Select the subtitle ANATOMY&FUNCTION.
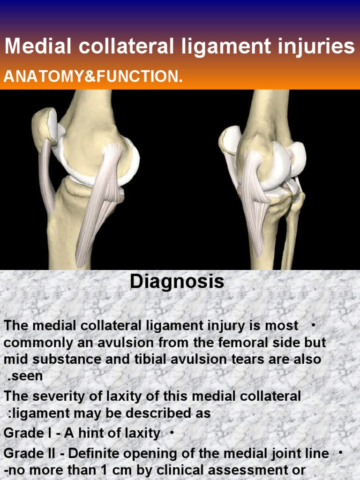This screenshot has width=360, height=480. click(x=93, y=76)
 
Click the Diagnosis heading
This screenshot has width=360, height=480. click(x=177, y=282)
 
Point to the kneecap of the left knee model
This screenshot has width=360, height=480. click(x=44, y=124)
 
